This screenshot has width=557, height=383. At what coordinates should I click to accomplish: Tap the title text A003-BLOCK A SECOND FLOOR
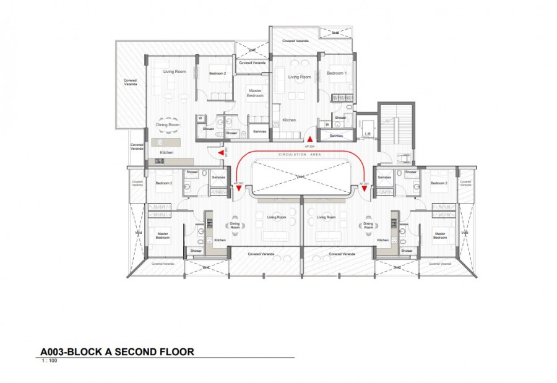pyautogui.click(x=117, y=351)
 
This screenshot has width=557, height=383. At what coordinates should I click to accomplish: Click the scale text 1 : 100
pyautogui.click(x=49, y=360)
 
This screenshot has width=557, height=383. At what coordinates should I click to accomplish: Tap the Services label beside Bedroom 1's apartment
pyautogui.click(x=336, y=136)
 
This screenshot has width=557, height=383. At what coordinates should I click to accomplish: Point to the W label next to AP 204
pyautogui.click(x=327, y=124)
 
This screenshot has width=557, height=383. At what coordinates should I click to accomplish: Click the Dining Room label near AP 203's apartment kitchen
pyautogui.click(x=168, y=125)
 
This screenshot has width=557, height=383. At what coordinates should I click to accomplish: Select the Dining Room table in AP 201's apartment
pyautogui.click(x=369, y=225)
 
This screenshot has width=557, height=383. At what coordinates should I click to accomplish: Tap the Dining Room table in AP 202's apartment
pyautogui.click(x=235, y=225)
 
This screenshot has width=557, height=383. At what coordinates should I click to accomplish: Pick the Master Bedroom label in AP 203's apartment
pyautogui.click(x=255, y=94)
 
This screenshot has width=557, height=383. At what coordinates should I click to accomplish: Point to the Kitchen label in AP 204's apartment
pyautogui.click(x=289, y=120)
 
